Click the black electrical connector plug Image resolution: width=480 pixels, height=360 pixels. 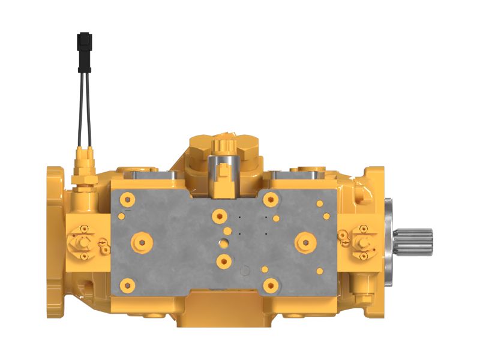[x=85, y=44]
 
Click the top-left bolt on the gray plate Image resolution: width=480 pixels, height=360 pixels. [x=127, y=199]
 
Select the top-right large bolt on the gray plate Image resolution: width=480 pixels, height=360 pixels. [x=271, y=199]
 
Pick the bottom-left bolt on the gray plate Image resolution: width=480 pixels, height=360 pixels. [x=127, y=284]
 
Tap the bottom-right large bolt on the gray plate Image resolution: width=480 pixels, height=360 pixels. [x=271, y=284]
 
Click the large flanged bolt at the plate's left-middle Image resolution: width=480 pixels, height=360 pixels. [x=142, y=242]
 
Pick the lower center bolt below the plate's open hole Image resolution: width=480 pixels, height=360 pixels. [x=224, y=260]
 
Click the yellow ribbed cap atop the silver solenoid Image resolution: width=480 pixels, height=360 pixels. [x=223, y=143]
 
